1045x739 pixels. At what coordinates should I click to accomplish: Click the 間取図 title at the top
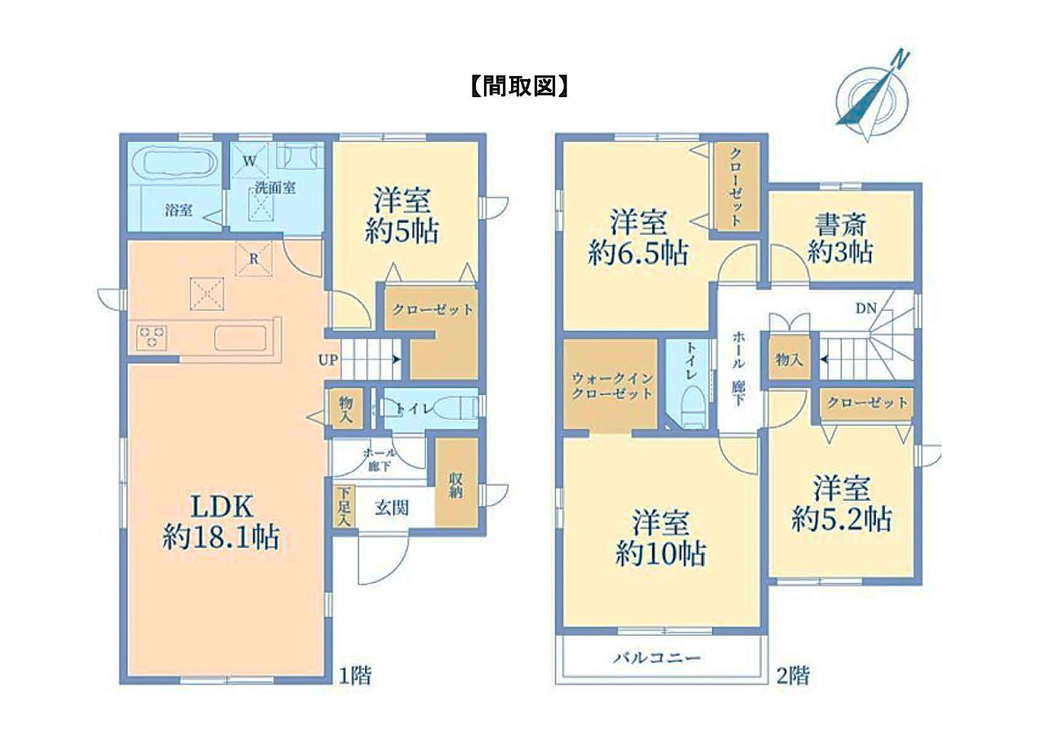pyautogui.click(x=519, y=87)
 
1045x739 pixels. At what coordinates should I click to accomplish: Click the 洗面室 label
pyautogui.click(x=275, y=188)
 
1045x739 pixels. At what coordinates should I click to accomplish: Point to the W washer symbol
pyautogui.click(x=250, y=162)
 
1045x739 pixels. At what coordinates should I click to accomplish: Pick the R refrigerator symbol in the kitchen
pyautogui.click(x=254, y=260)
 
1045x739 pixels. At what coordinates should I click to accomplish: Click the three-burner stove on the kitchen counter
pyautogui.click(x=152, y=337)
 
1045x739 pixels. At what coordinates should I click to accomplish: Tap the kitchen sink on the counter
pyautogui.click(x=240, y=337)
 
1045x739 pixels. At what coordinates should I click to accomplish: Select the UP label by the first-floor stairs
pyautogui.click(x=328, y=360)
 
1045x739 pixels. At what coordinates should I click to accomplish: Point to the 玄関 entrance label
pyautogui.click(x=392, y=508)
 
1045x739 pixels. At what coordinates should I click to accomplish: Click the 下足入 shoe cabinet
pyautogui.click(x=345, y=506)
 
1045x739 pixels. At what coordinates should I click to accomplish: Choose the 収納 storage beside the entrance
pyautogui.click(x=456, y=483)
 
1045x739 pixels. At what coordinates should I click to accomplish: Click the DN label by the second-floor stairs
pyautogui.click(x=866, y=309)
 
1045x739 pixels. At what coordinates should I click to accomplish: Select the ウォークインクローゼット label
pyautogui.click(x=611, y=385)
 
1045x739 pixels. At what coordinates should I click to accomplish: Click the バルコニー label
pyautogui.click(x=657, y=658)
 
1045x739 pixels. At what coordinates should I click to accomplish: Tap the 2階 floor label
pyautogui.click(x=793, y=675)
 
